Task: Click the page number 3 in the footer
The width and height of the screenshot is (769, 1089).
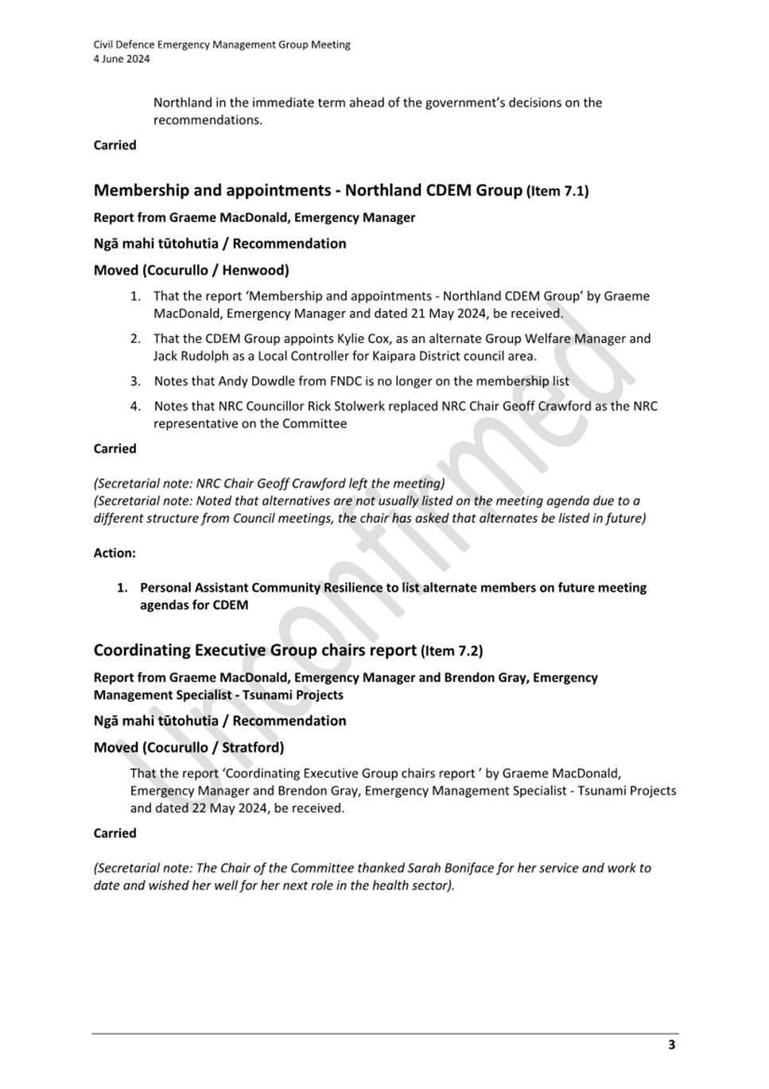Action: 671,1044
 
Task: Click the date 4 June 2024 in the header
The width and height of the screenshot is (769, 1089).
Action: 122,59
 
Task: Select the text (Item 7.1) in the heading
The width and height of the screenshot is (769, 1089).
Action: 557,191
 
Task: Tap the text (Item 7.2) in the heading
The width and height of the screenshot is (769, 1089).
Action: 452,651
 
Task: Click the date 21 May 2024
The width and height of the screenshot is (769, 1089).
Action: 445,313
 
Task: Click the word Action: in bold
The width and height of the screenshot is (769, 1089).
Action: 115,553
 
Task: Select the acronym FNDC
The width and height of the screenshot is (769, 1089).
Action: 345,381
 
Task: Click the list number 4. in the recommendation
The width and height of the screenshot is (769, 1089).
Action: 136,406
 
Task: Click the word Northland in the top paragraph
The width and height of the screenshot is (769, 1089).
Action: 183,103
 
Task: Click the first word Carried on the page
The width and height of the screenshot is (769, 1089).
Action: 115,146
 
